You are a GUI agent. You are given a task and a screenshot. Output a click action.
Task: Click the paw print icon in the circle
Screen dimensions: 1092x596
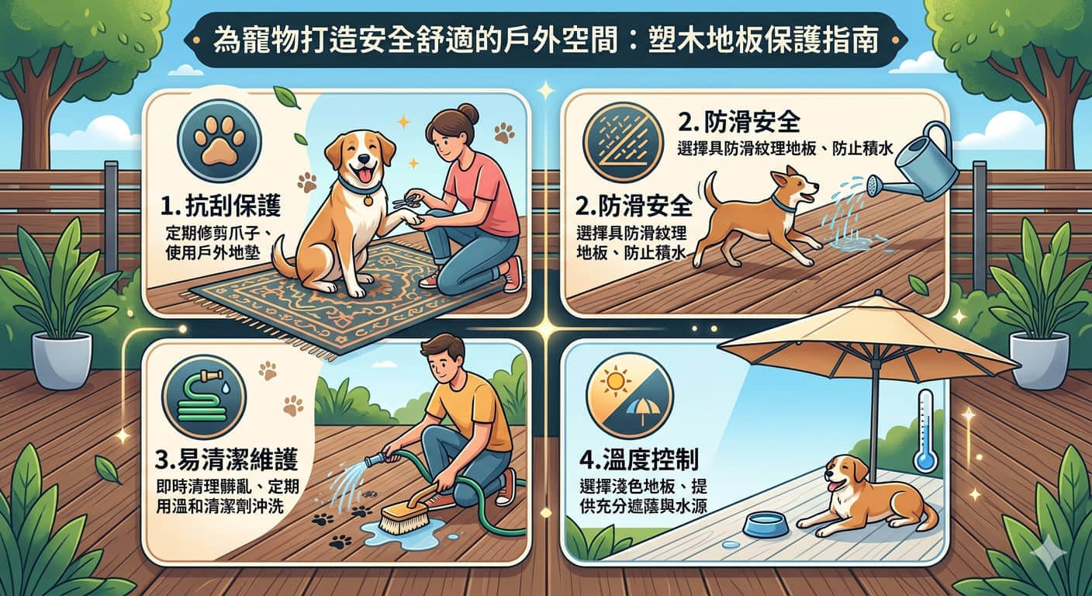(x=219, y=141)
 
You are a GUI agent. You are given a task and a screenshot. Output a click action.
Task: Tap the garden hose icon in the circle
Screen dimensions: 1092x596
(x=204, y=397)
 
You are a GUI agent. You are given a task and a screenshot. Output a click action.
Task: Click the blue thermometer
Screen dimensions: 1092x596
(x=924, y=431)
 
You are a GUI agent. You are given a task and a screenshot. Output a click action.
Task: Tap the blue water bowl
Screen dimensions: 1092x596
(x=765, y=524)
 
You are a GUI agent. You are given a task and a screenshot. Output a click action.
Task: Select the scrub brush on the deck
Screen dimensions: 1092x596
(x=404, y=511)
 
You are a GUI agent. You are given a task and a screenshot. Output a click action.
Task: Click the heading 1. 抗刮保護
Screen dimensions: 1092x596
(x=221, y=206)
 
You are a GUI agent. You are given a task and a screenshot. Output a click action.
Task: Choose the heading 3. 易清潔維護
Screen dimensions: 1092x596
(x=226, y=459)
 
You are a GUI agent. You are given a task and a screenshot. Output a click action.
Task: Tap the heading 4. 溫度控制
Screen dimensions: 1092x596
(x=639, y=459)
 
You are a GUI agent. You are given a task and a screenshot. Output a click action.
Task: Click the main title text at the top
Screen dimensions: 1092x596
(x=546, y=40)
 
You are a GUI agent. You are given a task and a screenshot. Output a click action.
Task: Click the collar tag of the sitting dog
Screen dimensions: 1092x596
(x=368, y=199)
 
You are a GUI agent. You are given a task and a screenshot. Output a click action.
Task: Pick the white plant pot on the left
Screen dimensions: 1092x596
(x=62, y=360)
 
